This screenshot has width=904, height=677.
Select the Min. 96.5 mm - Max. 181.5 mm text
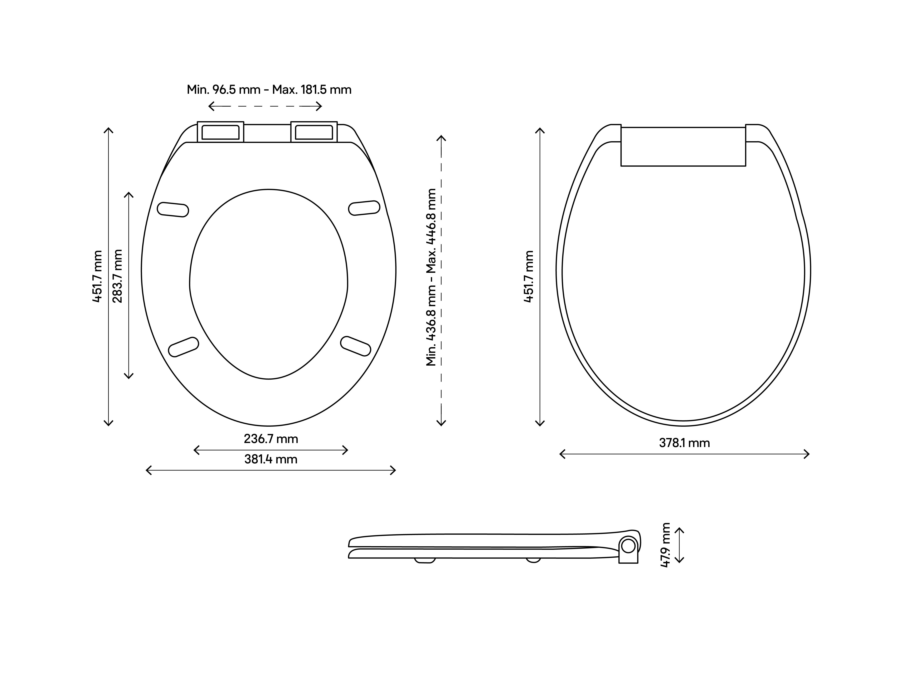269,90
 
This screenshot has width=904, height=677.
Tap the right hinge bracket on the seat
314,132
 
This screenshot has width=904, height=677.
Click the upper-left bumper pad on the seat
173,209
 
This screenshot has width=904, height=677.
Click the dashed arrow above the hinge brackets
265,107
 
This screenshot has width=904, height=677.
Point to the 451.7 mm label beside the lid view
529,277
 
